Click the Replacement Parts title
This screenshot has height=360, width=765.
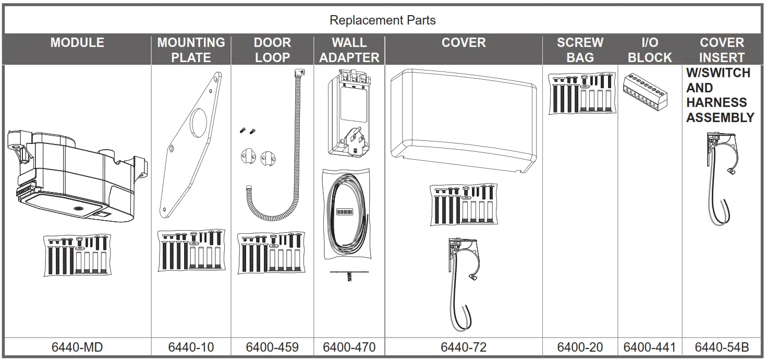tap(382, 21)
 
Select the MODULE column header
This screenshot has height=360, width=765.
tap(77, 43)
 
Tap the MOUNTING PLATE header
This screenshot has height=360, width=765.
tap(191, 50)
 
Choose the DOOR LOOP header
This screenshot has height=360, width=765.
tap(272, 50)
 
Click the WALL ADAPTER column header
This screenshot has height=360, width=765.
tap(349, 50)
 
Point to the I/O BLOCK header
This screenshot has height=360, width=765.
tap(649, 50)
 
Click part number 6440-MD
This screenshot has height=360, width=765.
tap(77, 347)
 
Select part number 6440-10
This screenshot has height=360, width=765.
tap(191, 347)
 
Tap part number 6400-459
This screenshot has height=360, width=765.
tap(272, 347)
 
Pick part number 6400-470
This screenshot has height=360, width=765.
tap(349, 347)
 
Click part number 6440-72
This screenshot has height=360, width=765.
tap(463, 347)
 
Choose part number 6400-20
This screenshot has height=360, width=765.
tap(580, 347)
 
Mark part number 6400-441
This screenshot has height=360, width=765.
tap(649, 347)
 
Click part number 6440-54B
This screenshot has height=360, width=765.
tap(722, 347)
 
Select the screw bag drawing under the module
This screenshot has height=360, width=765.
tap(77, 255)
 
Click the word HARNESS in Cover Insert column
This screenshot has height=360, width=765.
tap(716, 103)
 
